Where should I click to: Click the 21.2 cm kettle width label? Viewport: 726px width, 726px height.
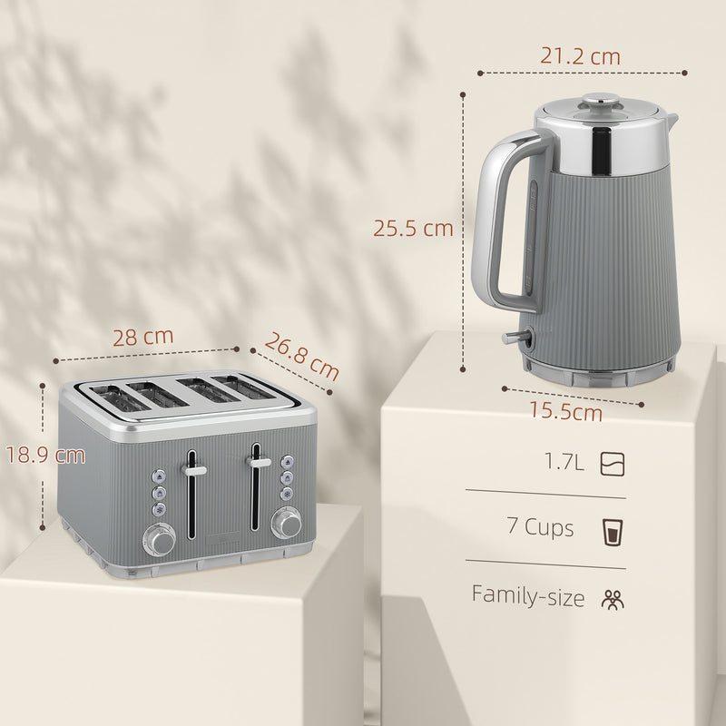580,56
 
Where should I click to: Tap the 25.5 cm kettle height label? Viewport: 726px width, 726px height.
413,229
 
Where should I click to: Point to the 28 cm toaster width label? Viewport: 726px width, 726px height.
142,336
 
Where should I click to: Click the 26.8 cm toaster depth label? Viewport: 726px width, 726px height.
301,357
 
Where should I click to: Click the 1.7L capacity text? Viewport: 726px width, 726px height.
564,464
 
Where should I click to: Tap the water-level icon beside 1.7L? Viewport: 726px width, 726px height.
613,465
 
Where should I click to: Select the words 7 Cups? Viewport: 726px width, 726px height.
541,527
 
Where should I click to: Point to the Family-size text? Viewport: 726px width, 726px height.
527,595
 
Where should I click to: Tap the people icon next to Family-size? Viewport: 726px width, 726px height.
613,598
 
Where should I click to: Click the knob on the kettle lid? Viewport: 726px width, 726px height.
594,101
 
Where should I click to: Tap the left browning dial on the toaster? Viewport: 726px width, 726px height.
162,542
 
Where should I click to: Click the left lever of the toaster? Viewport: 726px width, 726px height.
193,470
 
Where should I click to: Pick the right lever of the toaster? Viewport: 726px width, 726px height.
259,463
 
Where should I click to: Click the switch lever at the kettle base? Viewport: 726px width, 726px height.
515,338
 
